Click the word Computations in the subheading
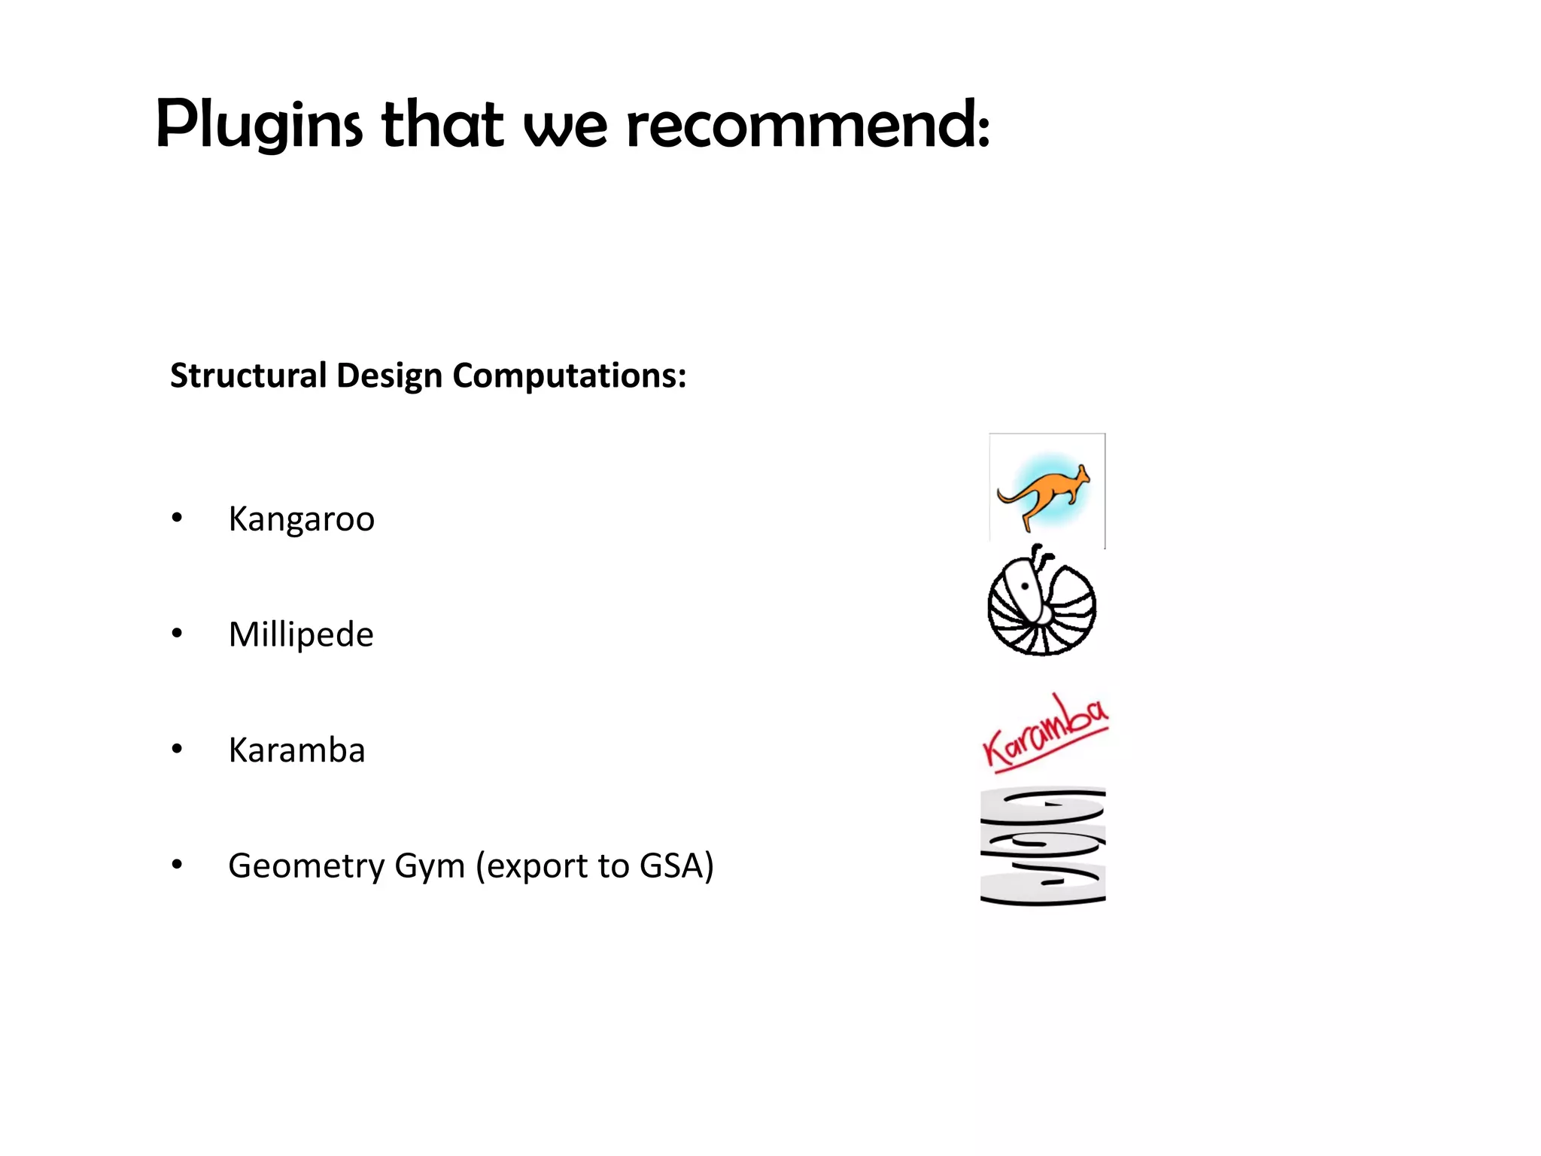point(569,376)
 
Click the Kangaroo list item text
point(301,519)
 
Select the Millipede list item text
point(301,634)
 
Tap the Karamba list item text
point(296,750)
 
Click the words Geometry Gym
point(346,866)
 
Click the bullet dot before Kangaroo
point(177,518)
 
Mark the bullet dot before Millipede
point(177,634)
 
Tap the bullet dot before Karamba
point(177,750)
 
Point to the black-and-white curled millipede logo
point(1042,602)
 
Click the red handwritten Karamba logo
point(1045,734)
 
